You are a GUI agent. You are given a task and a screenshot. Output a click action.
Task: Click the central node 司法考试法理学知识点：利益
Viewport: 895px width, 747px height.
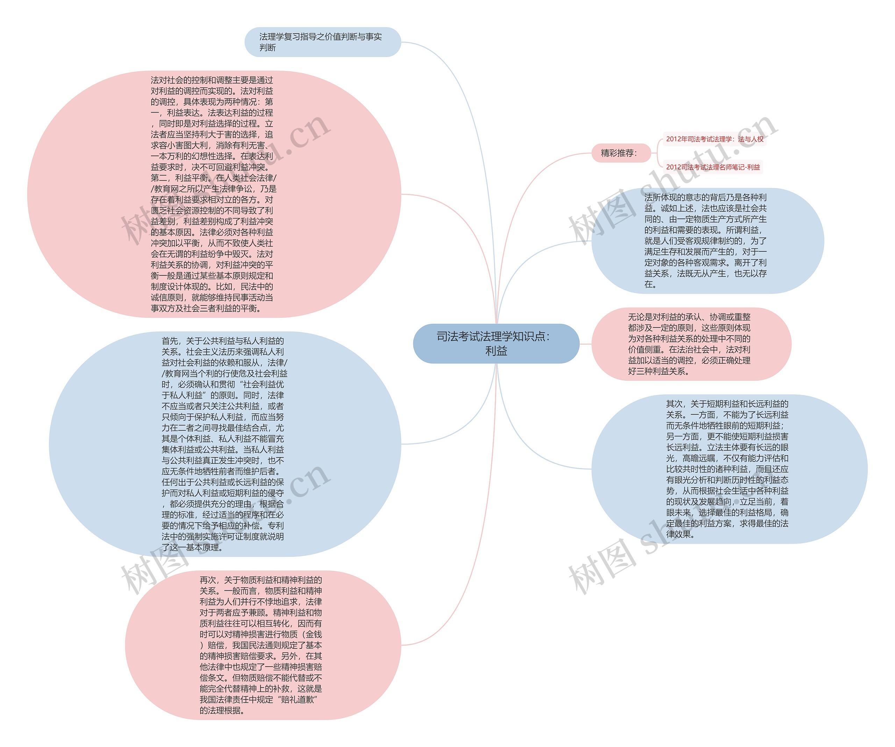pyautogui.click(x=496, y=344)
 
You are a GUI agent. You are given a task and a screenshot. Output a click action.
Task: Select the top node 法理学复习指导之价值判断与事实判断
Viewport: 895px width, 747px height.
pyautogui.click(x=323, y=42)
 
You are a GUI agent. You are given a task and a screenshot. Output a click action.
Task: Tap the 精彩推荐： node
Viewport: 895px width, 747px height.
pyautogui.click(x=621, y=153)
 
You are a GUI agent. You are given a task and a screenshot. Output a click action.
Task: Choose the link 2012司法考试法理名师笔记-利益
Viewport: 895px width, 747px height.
pyautogui.click(x=713, y=167)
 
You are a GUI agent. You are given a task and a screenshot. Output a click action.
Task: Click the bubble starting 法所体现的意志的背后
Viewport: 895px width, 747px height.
pyautogui.click(x=708, y=241)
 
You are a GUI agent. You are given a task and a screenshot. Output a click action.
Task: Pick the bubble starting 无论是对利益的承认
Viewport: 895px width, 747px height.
pyautogui.click(x=691, y=344)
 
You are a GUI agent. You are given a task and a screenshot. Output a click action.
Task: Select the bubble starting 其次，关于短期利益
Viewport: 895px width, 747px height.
pyautogui.click(x=729, y=469)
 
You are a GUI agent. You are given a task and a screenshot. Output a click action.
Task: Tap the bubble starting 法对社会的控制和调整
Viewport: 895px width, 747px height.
pyautogui.click(x=213, y=194)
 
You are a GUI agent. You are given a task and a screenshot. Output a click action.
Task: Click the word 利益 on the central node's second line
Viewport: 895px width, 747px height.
pyautogui.click(x=496, y=351)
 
